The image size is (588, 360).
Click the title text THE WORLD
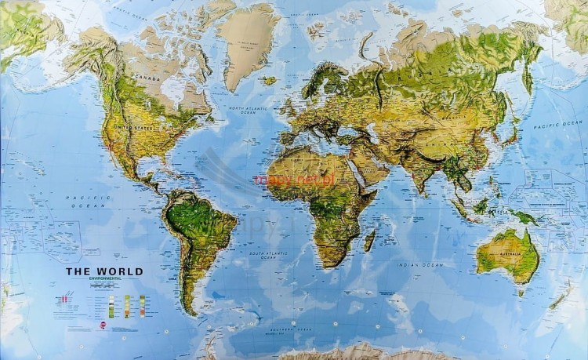pyautogui.click(x=104, y=272)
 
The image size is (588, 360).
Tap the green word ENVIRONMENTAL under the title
pyautogui.click(x=104, y=280)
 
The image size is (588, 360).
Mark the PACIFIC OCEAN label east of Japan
pyautogui.click(x=558, y=124)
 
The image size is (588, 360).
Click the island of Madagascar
pyautogui.click(x=370, y=239)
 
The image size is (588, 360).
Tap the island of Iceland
pyautogui.click(x=270, y=80)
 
